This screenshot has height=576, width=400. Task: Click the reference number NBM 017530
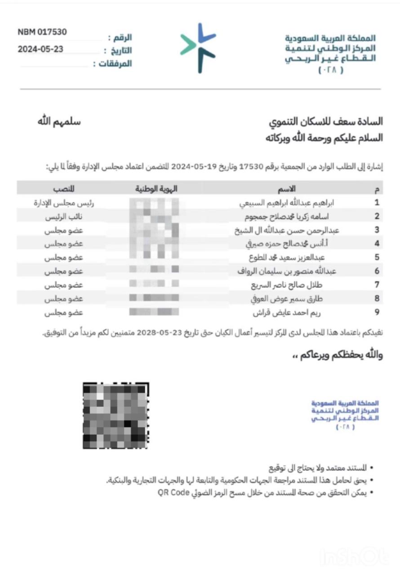(x=42, y=32)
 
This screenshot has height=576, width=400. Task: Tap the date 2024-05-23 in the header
(x=40, y=49)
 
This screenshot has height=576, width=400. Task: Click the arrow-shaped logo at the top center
(x=198, y=47)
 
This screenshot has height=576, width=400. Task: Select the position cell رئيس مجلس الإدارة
(x=64, y=203)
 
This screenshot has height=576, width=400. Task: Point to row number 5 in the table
(x=378, y=258)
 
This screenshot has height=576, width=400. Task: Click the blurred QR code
(x=116, y=415)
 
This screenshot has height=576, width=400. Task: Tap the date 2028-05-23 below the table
(x=156, y=333)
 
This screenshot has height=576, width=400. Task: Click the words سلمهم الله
(x=59, y=122)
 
